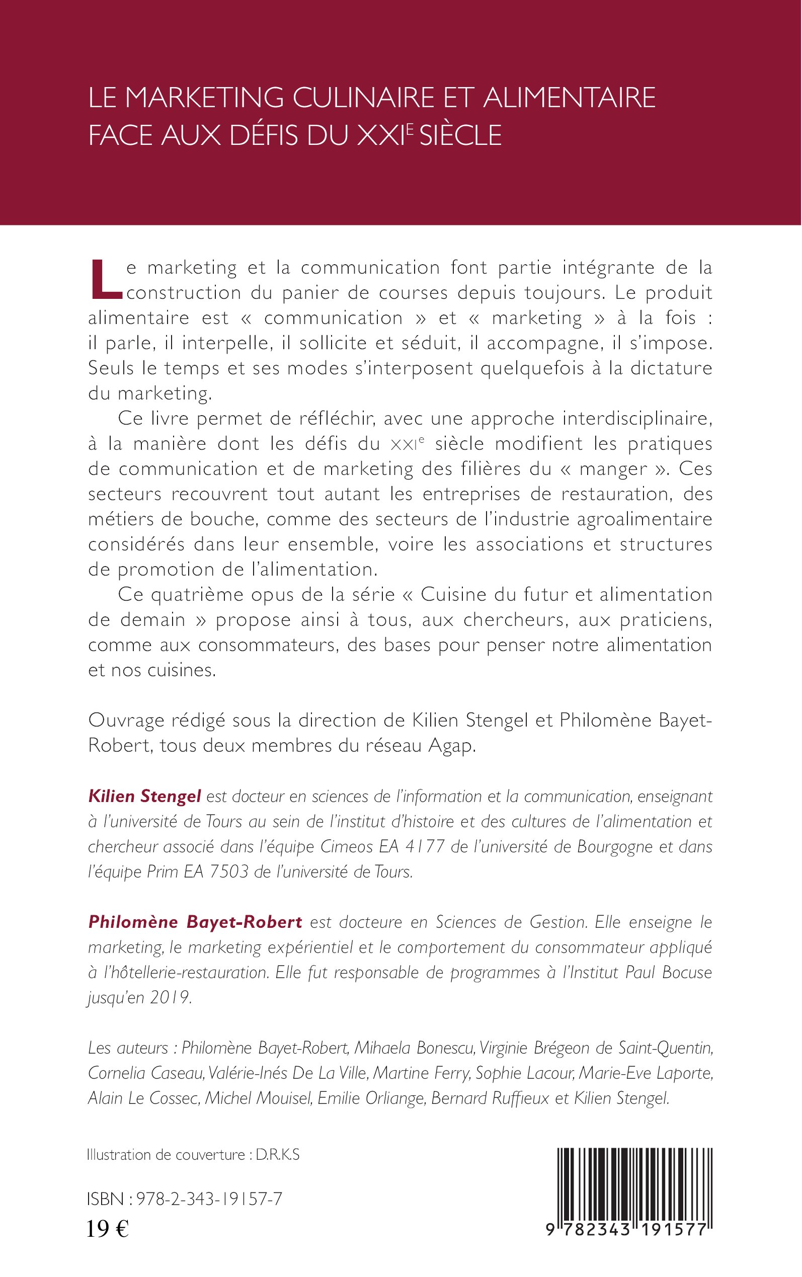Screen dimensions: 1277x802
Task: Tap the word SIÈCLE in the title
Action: point(460,135)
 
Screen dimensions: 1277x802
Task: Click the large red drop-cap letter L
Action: point(106,279)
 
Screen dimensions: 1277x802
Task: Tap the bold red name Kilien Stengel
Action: point(144,796)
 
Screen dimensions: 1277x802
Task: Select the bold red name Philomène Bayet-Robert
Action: point(195,922)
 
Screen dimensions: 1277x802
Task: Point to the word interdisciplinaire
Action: point(636,419)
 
